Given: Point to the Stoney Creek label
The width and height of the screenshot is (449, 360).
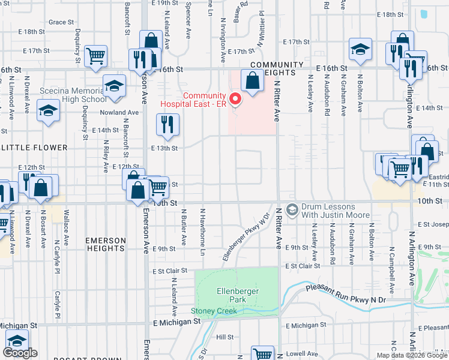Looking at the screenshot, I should click(214, 310).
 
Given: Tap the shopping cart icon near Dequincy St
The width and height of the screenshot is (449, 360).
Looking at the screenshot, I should click(96, 55).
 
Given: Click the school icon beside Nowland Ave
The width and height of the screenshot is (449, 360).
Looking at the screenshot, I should click(48, 110).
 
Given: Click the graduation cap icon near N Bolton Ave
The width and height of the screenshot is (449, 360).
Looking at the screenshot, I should click(360, 49).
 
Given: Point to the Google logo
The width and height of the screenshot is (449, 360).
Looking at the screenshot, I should click(20, 353).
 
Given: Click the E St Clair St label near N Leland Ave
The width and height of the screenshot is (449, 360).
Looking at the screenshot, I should click(168, 271).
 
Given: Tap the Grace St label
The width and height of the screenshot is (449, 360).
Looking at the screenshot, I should click(61, 22).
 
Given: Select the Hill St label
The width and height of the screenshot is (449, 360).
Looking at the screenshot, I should click(225, 337).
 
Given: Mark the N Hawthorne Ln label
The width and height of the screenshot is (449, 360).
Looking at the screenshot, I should click(203, 230).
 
